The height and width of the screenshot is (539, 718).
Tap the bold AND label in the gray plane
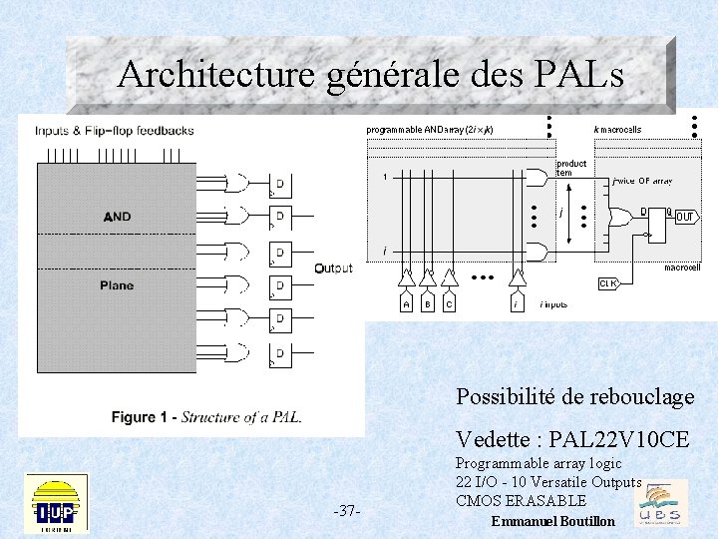(117, 217)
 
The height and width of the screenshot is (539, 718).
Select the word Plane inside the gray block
(117, 285)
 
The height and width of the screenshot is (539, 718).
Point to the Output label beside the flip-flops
(333, 269)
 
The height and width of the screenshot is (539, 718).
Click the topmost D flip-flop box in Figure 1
(280, 184)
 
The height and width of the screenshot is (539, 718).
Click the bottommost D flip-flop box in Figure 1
(280, 353)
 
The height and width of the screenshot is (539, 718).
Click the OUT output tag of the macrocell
(685, 217)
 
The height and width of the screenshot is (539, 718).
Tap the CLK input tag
(608, 283)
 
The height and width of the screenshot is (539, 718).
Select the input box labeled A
(406, 303)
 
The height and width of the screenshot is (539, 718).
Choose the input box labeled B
(428, 303)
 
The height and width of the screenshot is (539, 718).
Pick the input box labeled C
(450, 303)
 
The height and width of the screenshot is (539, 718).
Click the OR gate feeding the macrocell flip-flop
(619, 215)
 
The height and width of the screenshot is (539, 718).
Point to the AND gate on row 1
(536, 177)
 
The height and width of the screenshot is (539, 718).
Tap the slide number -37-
(347, 511)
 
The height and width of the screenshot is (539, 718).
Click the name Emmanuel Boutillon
(553, 522)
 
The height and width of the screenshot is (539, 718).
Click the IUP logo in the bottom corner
(56, 504)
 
